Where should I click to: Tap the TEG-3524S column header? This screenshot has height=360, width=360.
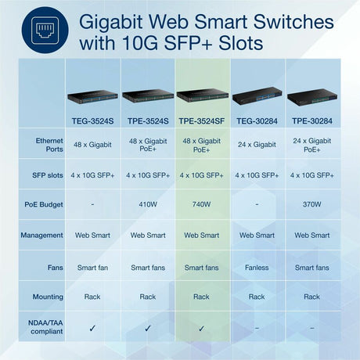point(92,121)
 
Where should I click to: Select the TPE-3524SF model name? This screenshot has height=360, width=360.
point(201,121)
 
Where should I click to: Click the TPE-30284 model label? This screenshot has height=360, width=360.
point(311,121)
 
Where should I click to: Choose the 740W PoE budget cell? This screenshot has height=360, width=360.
point(201,204)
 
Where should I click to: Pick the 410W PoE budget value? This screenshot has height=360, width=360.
point(147,204)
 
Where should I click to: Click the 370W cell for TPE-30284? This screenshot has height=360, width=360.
point(311,204)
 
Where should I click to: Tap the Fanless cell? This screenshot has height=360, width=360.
point(257,267)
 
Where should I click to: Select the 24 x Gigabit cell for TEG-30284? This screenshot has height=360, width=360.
point(257,144)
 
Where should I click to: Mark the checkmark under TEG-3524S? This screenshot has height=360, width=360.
point(92,329)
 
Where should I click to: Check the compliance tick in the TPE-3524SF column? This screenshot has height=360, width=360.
point(201,329)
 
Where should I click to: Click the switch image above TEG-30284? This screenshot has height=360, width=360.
point(257,99)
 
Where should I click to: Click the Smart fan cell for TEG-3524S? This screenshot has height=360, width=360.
point(92,267)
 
